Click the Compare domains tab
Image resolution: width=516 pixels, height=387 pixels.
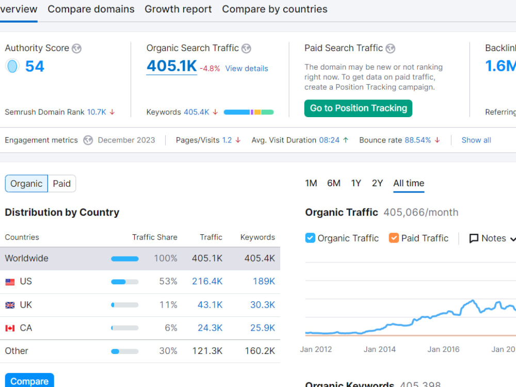pos(91,9)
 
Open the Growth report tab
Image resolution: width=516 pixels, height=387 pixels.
pos(178,9)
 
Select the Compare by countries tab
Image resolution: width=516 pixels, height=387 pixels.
pos(275,9)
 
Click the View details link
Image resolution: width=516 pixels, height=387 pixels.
pos(247,69)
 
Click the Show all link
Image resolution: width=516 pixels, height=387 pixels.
pos(476,140)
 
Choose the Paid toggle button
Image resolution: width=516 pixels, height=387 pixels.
pos(62,184)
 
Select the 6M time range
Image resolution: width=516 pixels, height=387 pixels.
pos(334,183)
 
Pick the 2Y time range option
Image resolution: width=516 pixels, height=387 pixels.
pos(377,183)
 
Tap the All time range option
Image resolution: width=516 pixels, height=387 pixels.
pos(409,183)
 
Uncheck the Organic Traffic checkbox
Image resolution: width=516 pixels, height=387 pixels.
pos(310,238)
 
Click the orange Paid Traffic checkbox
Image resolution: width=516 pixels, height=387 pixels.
pos(394,238)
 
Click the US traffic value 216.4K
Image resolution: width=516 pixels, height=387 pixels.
pos(207,281)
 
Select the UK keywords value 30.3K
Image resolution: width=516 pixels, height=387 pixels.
pos(263,305)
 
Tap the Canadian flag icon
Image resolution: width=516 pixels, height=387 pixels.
pos(10,328)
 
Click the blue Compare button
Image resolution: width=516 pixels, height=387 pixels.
pos(29,380)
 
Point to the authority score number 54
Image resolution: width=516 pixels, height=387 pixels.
pos(35,67)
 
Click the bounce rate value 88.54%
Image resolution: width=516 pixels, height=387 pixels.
pos(417,140)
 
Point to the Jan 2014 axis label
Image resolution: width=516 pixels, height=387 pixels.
pos(379,349)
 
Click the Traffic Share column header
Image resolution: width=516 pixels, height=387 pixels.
pos(155,237)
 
